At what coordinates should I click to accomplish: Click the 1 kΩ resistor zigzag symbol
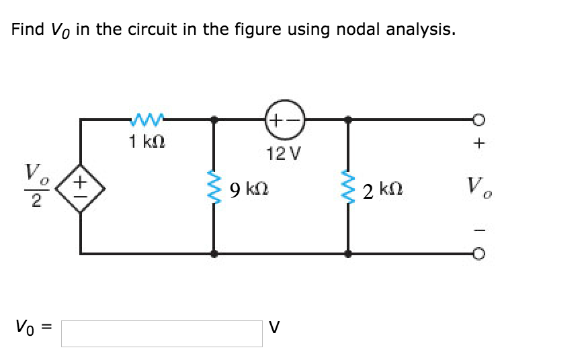146,120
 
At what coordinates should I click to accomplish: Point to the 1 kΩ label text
147,142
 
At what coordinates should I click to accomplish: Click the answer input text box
162,333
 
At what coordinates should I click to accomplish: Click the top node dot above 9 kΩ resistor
214,120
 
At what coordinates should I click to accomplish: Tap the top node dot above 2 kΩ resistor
348,120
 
